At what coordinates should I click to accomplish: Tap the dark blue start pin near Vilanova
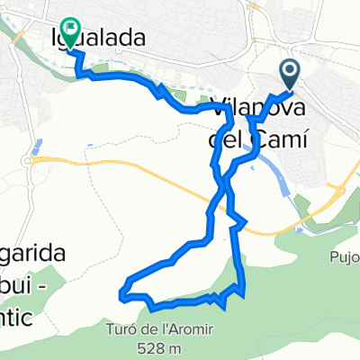(x=291, y=71)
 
